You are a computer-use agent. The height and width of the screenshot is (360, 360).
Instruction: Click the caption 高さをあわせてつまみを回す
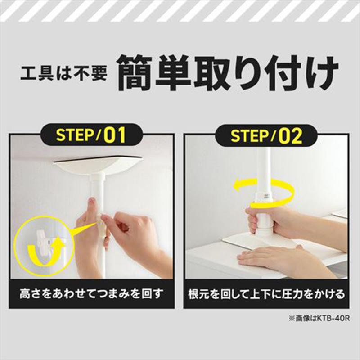[x=91, y=294]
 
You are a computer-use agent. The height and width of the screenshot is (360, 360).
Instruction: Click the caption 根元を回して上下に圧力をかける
[x=266, y=294]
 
